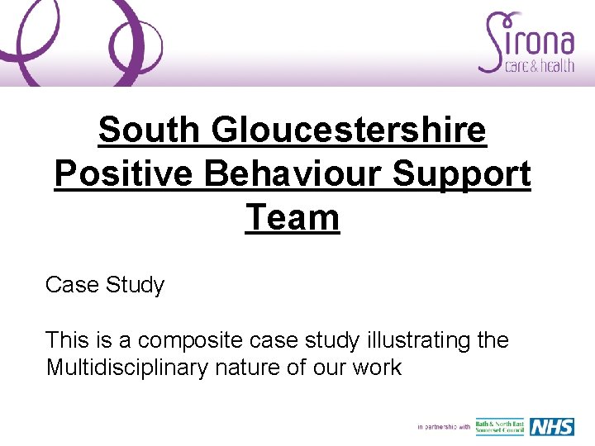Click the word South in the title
tap(149, 130)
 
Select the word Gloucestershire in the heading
tap(349, 130)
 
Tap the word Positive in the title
tap(124, 174)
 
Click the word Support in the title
tap(462, 174)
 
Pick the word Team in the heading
tap(293, 218)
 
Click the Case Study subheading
tap(105, 286)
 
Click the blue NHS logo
tap(552, 426)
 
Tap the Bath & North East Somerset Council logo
tap(500, 426)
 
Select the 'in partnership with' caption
tap(444, 427)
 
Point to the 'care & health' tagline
tap(539, 66)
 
